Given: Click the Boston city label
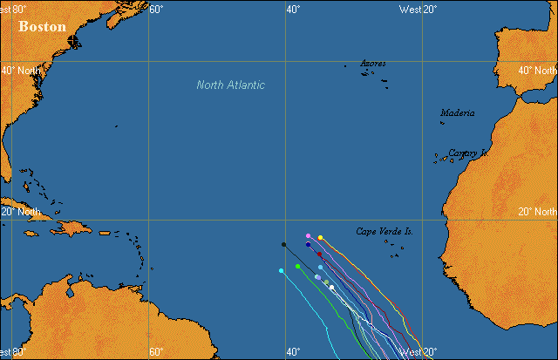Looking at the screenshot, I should click(x=42, y=26).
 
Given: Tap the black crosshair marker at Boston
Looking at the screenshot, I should click(x=71, y=40).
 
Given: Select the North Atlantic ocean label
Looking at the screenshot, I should click(x=230, y=85).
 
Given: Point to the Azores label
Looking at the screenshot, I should click(x=373, y=64).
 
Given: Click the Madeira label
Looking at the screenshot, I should click(x=458, y=112).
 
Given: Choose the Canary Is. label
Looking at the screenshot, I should click(x=466, y=153).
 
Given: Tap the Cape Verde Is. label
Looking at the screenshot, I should click(x=384, y=231).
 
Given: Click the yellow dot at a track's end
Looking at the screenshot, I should click(x=320, y=237).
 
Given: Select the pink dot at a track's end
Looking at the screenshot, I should click(x=309, y=235).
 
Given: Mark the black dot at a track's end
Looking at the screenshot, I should click(x=284, y=244).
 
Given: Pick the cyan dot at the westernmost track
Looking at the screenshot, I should click(x=281, y=271).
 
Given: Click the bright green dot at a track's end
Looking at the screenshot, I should click(x=298, y=266).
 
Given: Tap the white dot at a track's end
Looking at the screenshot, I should click(x=331, y=287).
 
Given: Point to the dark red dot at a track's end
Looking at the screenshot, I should click(x=320, y=255).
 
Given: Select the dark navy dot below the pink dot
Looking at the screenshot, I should click(x=309, y=245).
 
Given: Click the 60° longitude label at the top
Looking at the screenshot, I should click(x=156, y=9).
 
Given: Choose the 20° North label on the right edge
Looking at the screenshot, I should click(x=537, y=211).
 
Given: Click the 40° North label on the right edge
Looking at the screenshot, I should click(x=537, y=71).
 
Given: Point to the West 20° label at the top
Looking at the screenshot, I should click(x=418, y=9).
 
